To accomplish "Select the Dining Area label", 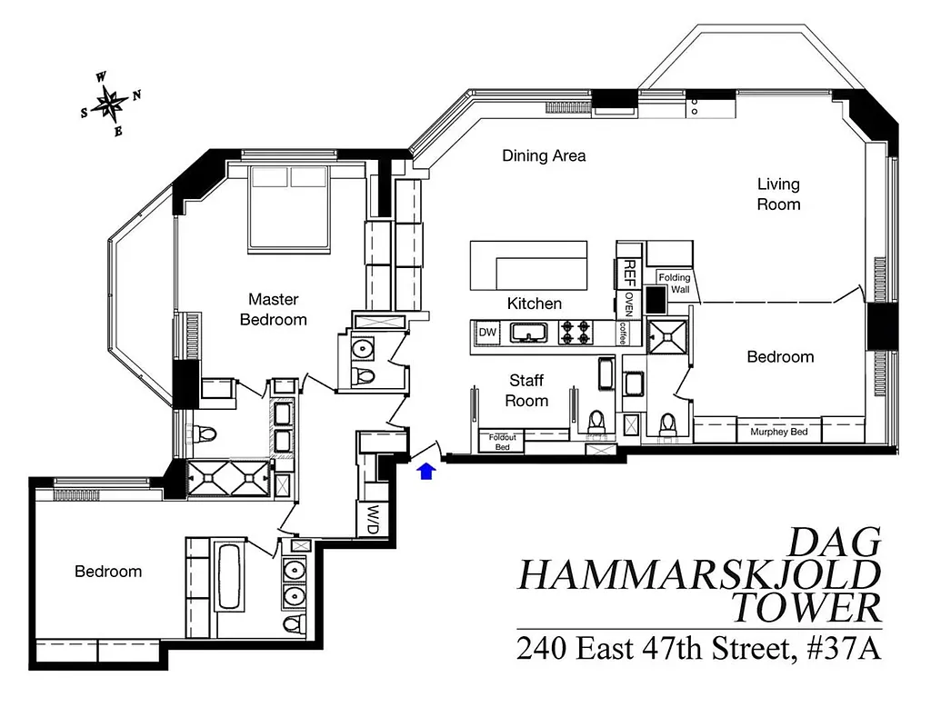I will [544, 155].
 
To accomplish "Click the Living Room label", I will [778, 194].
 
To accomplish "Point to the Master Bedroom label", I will [273, 309].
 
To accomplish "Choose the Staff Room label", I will [527, 391].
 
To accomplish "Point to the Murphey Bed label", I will [778, 432].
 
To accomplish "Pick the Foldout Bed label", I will [502, 442].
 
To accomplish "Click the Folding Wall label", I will [674, 284].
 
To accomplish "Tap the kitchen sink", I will [526, 334].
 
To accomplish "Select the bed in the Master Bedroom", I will [288, 208].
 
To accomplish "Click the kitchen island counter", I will [528, 264].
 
